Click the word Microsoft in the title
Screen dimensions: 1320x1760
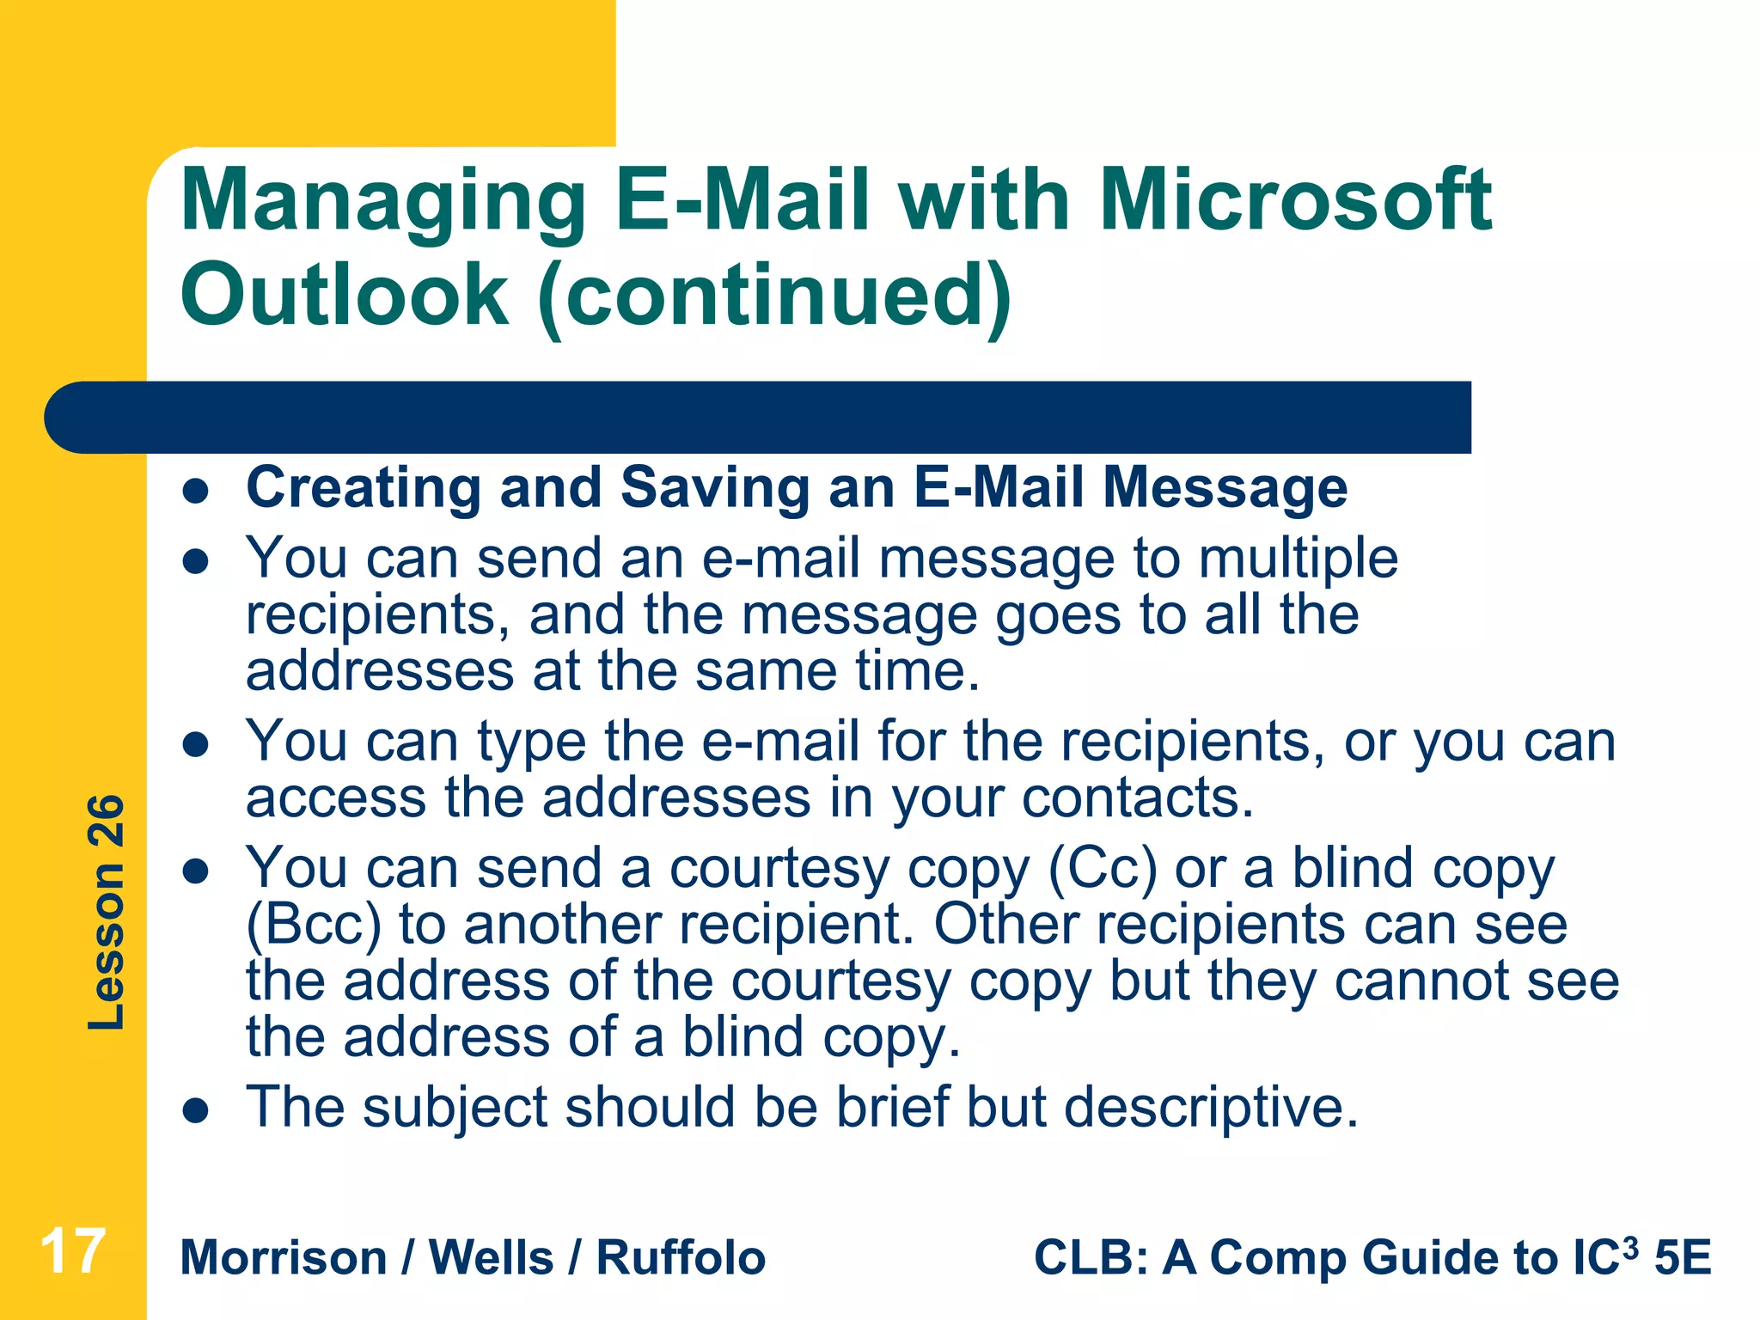(1295, 200)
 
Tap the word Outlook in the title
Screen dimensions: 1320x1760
(345, 295)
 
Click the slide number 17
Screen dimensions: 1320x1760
(73, 1251)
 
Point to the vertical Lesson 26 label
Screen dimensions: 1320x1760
(107, 912)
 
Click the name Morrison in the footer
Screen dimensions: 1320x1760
(284, 1258)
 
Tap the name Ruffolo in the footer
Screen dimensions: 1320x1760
(681, 1258)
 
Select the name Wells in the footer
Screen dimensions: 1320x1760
(491, 1258)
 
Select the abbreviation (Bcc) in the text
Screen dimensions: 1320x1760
(314, 925)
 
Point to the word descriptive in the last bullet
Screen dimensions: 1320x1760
(1211, 1107)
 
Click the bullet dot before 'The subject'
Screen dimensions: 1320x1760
(197, 1111)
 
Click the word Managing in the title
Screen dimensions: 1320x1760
(383, 202)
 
